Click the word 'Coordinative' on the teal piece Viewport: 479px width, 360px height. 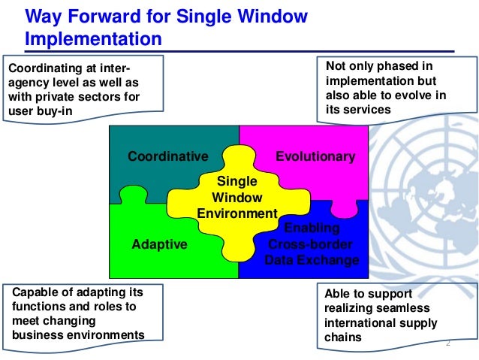pos(167,156)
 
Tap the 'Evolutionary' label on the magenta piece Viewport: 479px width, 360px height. pos(315,156)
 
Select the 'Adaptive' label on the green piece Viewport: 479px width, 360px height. pos(159,244)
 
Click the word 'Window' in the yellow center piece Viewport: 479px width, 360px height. pos(237,198)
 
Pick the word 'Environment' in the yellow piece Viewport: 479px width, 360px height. pos(237,213)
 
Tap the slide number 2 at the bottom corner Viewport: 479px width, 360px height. pos(448,343)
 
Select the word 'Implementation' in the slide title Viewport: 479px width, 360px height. pos(93,37)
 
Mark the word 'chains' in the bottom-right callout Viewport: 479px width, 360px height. pos(343,337)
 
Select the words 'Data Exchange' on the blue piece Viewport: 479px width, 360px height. pos(312,260)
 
